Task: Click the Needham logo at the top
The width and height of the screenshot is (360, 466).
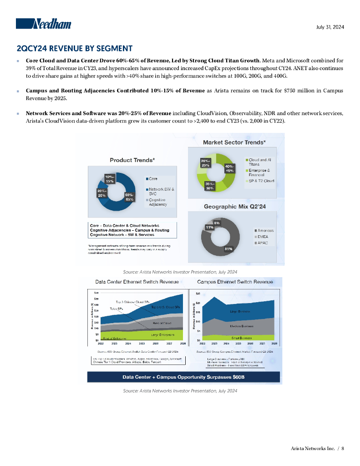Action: click(44, 24)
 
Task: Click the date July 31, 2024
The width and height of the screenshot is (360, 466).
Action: click(330, 27)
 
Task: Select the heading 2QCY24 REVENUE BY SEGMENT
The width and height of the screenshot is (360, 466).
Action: click(75, 48)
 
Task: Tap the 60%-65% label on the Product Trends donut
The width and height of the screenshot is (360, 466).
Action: click(129, 197)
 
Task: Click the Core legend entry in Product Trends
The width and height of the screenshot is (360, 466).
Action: click(153, 178)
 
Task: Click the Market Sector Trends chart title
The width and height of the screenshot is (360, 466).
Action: click(234, 142)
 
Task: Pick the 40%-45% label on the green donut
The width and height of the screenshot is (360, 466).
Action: click(230, 168)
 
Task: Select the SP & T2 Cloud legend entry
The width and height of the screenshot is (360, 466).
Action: click(261, 181)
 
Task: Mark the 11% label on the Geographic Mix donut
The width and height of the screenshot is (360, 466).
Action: click(210, 227)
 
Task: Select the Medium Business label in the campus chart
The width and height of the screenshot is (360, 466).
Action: click(242, 326)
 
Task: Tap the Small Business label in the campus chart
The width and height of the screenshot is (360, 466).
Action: click(242, 338)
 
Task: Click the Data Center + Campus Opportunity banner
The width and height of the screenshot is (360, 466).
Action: click(184, 377)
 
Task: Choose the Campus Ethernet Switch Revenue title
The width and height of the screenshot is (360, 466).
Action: click(235, 282)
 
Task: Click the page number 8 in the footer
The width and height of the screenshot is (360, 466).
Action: click(343, 449)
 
